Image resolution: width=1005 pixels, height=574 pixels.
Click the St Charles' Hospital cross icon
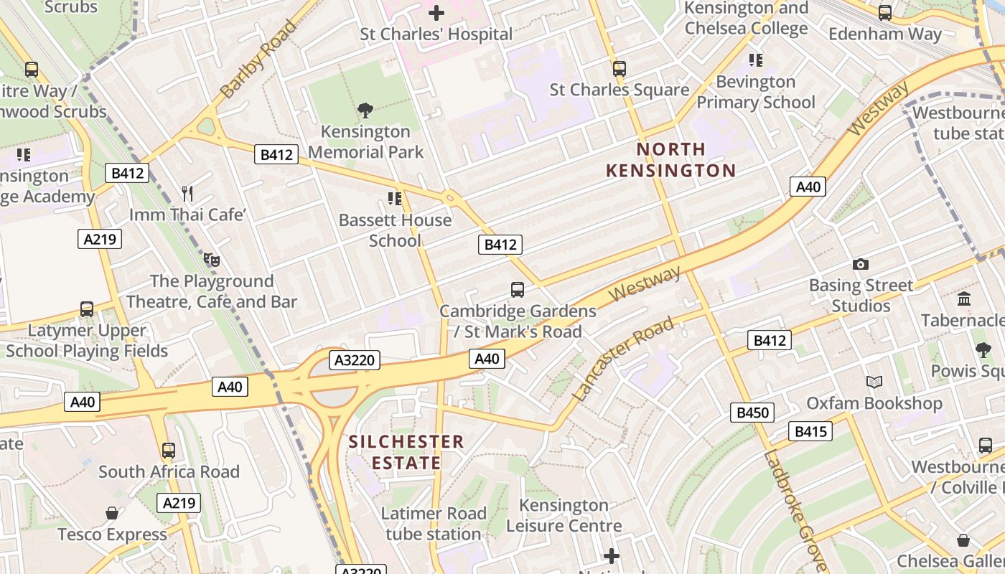coord(436,12)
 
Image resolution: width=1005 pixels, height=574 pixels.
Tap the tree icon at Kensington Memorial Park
coord(365,110)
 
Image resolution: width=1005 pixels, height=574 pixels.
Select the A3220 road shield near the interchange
coord(355,360)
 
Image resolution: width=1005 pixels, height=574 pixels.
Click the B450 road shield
coord(752,413)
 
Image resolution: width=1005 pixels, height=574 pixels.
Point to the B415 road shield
coord(811,431)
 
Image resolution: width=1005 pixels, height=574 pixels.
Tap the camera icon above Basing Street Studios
coord(861,265)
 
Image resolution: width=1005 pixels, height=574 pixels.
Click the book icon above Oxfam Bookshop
coord(874,382)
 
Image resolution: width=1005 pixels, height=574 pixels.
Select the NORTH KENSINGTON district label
coord(671,160)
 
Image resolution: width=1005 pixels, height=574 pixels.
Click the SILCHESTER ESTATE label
coord(406,452)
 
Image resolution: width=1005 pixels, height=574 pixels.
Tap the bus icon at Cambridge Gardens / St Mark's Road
coord(517,290)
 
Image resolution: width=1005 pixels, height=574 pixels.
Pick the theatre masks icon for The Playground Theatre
coord(211,259)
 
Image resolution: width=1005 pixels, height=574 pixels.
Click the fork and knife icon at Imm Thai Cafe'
coord(187,193)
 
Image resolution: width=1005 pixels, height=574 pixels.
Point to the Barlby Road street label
coord(258,60)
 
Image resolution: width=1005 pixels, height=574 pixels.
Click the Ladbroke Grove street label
coord(795,509)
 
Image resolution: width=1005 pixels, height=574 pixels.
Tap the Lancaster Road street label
coord(623,359)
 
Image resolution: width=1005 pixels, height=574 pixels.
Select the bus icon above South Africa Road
coord(169,451)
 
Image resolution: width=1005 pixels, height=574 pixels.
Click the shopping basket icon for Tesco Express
coord(112,513)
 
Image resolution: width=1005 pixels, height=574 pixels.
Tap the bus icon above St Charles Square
coord(619,69)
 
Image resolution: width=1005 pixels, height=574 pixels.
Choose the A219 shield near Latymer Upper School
coord(100,239)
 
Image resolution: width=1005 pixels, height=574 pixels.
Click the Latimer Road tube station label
coord(434,524)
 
